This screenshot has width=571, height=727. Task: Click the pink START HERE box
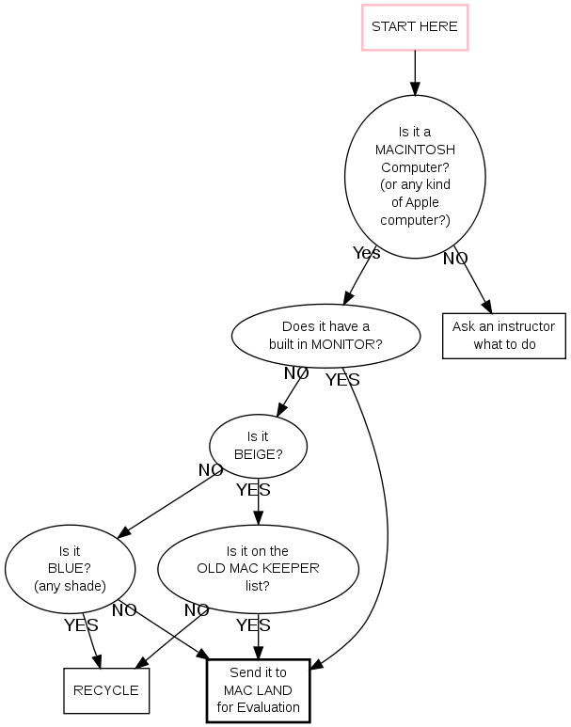pyautogui.click(x=415, y=26)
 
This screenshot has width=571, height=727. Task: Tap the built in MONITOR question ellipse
pyautogui.click(x=325, y=335)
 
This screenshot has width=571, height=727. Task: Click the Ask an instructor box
pyautogui.click(x=503, y=336)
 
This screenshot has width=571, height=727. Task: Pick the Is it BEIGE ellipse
pyautogui.click(x=258, y=445)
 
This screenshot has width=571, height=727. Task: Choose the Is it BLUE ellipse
pyautogui.click(x=70, y=568)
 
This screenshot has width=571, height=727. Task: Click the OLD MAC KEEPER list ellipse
pyautogui.click(x=258, y=568)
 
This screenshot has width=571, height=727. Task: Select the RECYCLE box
pyautogui.click(x=105, y=689)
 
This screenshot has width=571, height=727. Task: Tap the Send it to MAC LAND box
pyautogui.click(x=258, y=689)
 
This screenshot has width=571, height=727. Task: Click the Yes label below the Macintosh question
pyautogui.click(x=366, y=253)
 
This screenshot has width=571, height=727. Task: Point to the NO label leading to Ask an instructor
pyautogui.click(x=455, y=258)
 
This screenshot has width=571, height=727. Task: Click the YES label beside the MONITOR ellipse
pyautogui.click(x=342, y=380)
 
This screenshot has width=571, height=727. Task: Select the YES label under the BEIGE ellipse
pyautogui.click(x=253, y=490)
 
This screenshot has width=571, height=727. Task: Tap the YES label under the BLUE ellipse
pyautogui.click(x=81, y=624)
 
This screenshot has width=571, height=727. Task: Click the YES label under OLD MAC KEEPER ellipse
pyautogui.click(x=253, y=624)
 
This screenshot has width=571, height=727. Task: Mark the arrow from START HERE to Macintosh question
pyautogui.click(x=415, y=72)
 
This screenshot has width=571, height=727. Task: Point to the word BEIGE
pyautogui.click(x=258, y=453)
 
